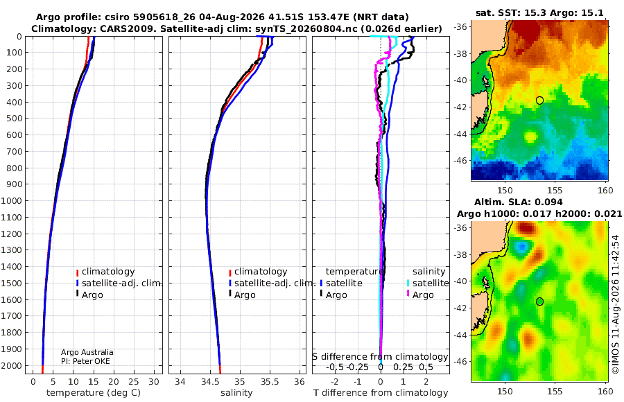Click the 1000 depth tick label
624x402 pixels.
coord(11,200)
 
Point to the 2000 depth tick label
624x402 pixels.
coord(11,365)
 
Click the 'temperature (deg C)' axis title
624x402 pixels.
coord(94,393)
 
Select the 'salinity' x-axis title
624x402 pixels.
coord(236,393)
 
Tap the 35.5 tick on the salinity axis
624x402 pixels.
coord(270,382)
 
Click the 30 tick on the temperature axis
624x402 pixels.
coord(154,382)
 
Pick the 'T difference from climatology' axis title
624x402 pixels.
coord(381,393)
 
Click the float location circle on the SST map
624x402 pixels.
coord(539,101)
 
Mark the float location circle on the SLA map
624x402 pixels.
coord(539,301)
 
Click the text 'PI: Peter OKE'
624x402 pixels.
coord(85,361)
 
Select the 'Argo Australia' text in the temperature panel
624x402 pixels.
coord(87,352)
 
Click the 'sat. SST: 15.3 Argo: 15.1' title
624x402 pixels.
coord(539,13)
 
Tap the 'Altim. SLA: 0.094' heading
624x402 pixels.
coord(518,202)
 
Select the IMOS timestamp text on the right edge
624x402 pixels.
coord(615,304)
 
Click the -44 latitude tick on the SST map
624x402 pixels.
coord(461,134)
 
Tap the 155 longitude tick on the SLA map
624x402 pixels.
coord(555,391)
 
